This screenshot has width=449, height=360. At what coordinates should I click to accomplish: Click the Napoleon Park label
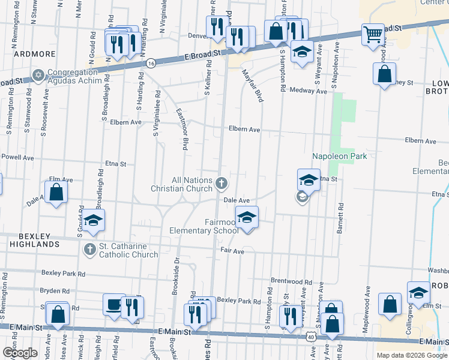coord(339,156)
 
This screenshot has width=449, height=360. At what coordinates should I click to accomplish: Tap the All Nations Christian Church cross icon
coord(221,182)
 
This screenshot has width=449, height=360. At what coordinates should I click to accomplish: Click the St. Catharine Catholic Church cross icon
coord(89,249)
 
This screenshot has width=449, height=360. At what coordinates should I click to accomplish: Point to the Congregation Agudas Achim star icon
coord(39,75)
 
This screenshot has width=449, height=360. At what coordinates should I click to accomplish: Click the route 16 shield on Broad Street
coord(151,62)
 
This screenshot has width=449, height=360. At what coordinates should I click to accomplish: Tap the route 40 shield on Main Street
coord(310,337)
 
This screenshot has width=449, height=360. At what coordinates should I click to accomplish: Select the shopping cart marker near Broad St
coord(373,34)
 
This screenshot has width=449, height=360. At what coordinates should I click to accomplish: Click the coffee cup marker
coord(113,305)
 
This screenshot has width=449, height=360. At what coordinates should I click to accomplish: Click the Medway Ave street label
coord(308,91)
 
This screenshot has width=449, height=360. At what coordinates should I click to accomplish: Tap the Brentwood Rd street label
coord(291,281)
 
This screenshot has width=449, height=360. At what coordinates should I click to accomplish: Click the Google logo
coord(20,353)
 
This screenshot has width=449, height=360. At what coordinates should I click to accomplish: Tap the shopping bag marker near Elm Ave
coord(56,193)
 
